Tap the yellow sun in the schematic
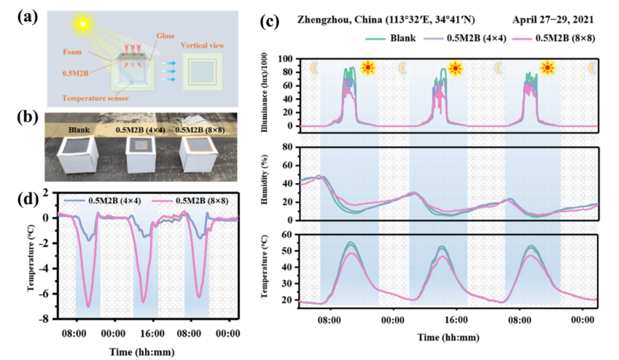(84, 25)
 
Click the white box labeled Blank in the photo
(77, 153)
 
